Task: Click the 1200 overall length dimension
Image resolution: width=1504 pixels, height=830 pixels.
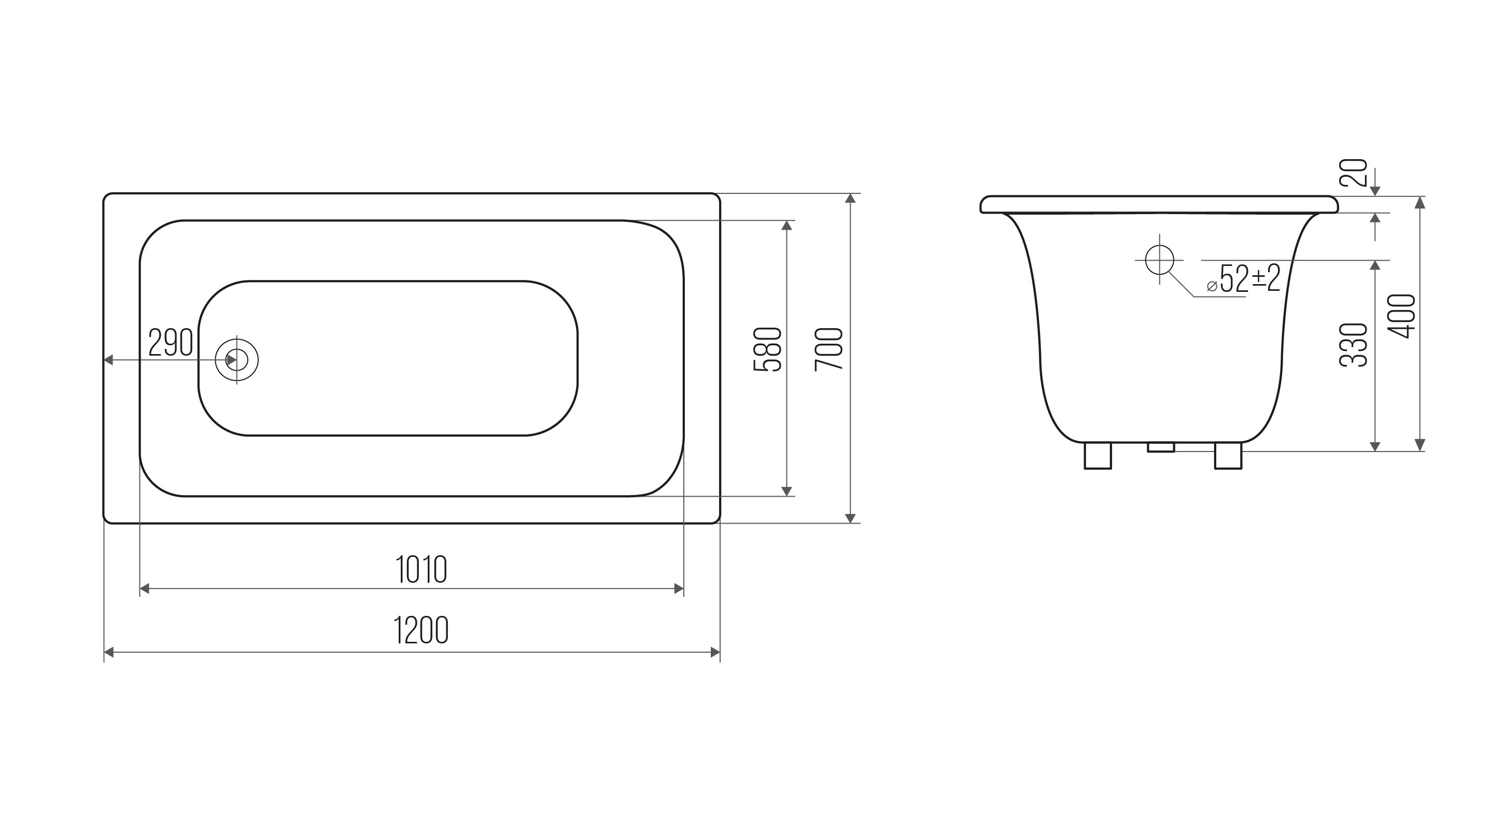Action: tap(421, 630)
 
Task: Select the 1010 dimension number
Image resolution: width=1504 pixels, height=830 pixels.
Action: tap(421, 569)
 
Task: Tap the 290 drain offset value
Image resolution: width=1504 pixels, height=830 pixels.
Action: tap(171, 342)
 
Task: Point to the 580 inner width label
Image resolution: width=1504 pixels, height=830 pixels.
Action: tap(767, 349)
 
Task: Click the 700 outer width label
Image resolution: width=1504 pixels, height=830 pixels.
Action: tap(829, 348)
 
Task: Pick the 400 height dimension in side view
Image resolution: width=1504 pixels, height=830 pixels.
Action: tap(1401, 316)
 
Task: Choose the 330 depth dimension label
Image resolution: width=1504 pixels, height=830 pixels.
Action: tap(1353, 344)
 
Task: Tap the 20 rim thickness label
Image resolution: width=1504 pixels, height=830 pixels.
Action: tap(1353, 172)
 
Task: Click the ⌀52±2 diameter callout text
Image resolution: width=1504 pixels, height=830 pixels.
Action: tap(1244, 279)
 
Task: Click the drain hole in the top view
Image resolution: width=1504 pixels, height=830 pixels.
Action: tap(236, 360)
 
